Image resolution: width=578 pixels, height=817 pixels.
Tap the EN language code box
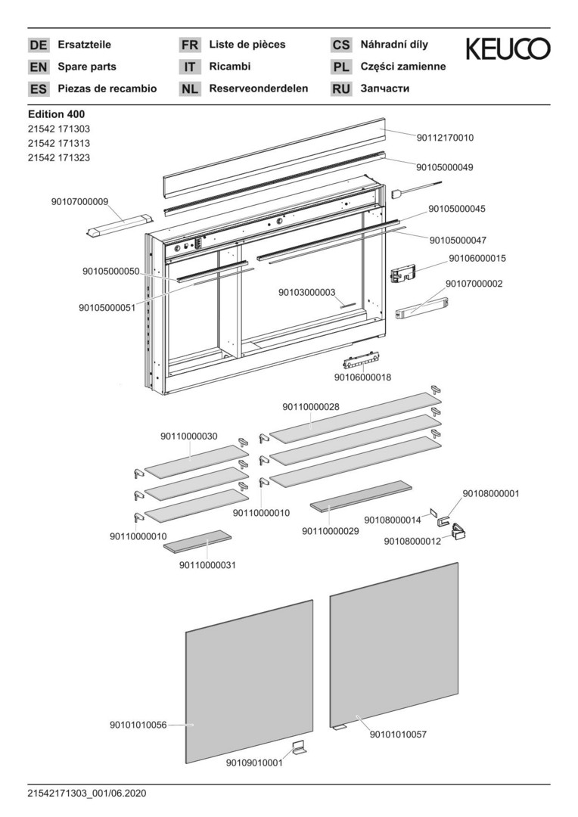click(x=38, y=67)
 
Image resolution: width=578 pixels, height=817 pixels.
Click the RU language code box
click(x=341, y=89)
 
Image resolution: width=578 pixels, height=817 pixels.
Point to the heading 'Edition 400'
click(x=55, y=114)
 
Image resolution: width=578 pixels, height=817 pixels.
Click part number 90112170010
click(x=445, y=138)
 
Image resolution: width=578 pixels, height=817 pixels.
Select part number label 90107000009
click(x=80, y=201)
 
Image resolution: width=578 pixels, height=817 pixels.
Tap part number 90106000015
click(x=477, y=258)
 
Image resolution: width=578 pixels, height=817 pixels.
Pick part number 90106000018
click(x=362, y=377)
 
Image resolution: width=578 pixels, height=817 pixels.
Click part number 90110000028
click(x=311, y=406)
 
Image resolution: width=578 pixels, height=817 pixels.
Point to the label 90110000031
click(x=208, y=564)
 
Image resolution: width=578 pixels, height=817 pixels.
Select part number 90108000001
click(x=491, y=493)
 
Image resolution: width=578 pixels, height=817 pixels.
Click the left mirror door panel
click(x=250, y=681)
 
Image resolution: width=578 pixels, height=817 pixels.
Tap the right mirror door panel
click(x=393, y=647)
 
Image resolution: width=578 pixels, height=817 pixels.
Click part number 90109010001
click(x=254, y=763)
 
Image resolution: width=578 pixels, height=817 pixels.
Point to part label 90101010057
click(x=398, y=734)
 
